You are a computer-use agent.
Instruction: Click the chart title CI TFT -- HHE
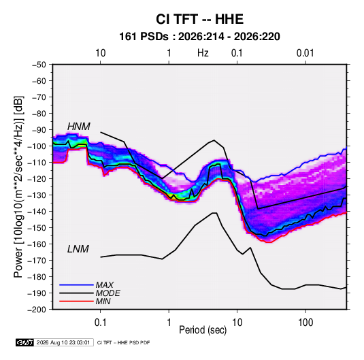click(199, 19)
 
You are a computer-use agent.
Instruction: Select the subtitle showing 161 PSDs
click(199, 37)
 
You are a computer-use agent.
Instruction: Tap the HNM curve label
click(79, 127)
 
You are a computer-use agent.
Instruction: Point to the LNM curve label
click(78, 249)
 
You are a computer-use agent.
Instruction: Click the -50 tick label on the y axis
click(39, 65)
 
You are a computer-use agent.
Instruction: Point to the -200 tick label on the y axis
click(37, 310)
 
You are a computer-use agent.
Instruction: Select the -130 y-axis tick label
click(37, 195)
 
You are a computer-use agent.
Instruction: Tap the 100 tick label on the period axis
click(305, 323)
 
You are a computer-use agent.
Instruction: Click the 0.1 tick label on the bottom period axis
click(100, 323)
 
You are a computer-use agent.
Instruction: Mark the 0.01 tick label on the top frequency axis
click(305, 53)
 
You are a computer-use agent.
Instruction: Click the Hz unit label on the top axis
click(203, 53)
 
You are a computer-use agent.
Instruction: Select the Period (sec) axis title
click(203, 330)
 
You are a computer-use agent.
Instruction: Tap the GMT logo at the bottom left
click(25, 342)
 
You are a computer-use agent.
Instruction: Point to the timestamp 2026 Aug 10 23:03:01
click(63, 342)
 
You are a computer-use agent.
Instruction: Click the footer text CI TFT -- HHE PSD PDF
click(124, 342)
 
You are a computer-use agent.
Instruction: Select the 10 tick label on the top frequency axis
click(101, 53)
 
